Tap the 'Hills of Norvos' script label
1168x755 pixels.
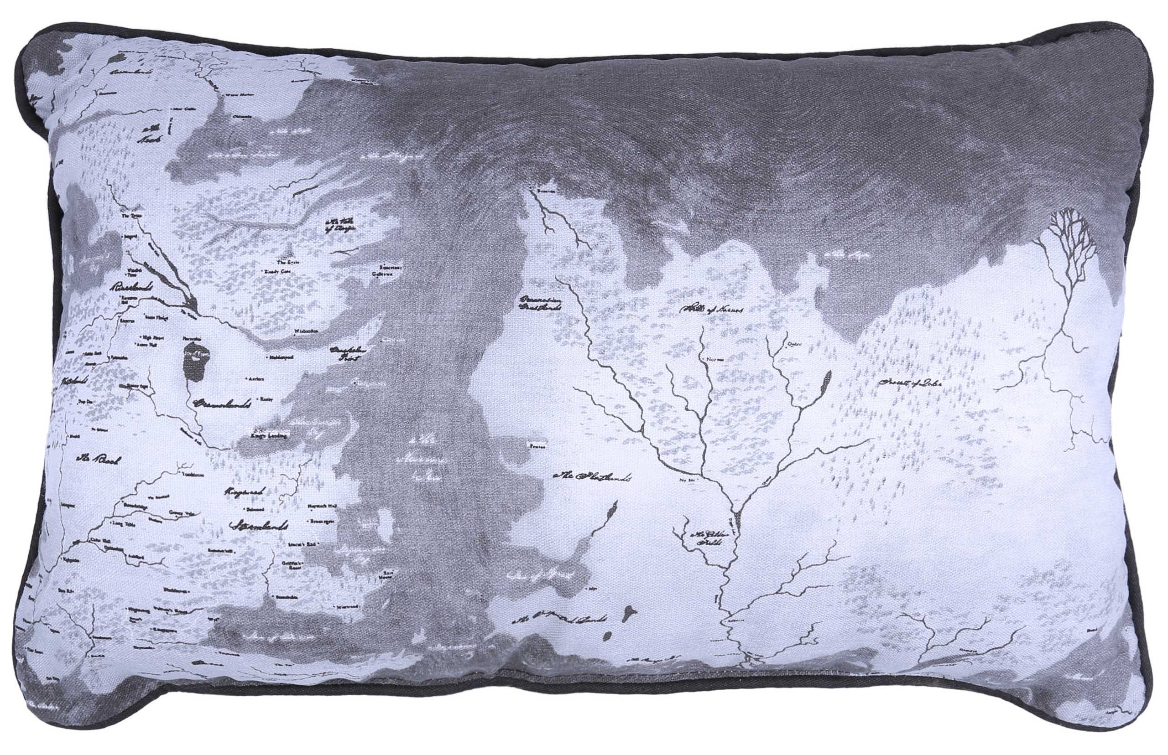(712, 310)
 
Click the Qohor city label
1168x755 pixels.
(794, 344)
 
